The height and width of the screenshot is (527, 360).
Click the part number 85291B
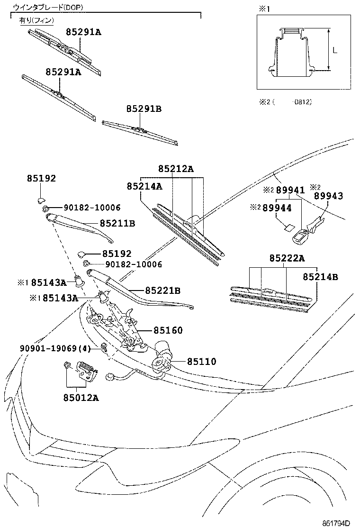pos(144,109)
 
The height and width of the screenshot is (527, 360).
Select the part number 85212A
pos(176,169)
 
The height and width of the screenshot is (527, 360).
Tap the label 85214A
pos(144,187)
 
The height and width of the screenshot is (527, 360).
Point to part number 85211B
pos(117,222)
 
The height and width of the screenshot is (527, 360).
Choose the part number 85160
pos(167,330)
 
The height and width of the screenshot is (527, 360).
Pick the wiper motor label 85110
pos(201,362)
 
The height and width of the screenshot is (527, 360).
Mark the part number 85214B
pos(321,276)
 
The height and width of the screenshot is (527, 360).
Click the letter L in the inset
pos(335,50)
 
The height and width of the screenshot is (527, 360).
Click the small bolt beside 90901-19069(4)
pos(103,349)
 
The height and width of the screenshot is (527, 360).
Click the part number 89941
pos(290,190)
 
